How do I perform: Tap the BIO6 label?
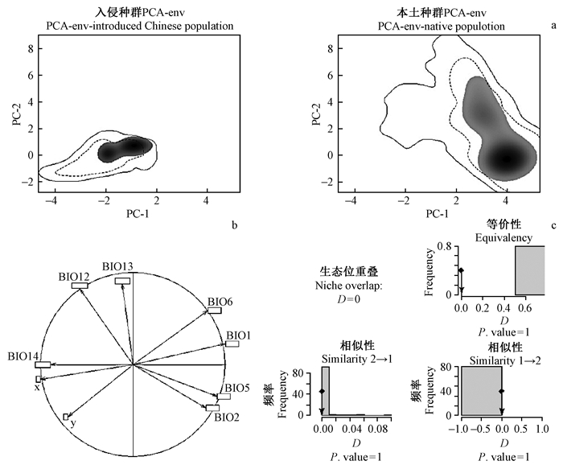click(220, 302)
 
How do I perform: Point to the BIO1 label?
click(238, 335)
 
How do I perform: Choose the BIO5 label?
click(236, 389)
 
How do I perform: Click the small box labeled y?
click(66, 417)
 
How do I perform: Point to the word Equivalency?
click(503, 237)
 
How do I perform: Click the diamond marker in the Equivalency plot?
click(461, 271)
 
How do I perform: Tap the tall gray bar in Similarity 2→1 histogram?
click(326, 391)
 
